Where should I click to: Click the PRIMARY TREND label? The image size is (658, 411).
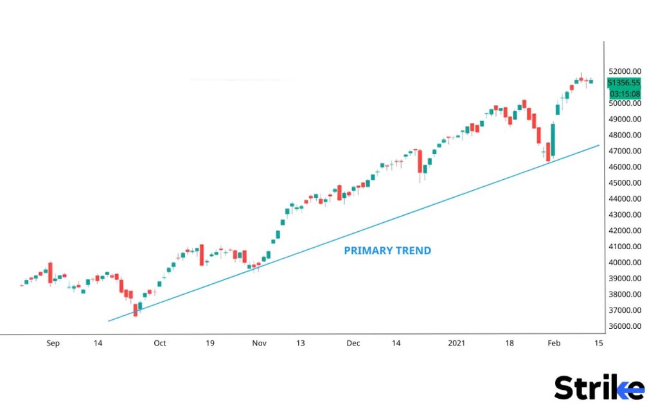click(x=387, y=250)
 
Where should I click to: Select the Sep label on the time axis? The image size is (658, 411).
click(x=53, y=344)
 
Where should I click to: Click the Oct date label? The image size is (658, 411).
click(x=159, y=344)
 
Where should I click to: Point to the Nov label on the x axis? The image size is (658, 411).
click(x=259, y=344)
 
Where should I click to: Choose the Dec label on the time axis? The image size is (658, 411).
click(x=353, y=344)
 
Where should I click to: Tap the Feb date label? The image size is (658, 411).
click(x=554, y=344)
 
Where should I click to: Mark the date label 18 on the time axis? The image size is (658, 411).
click(x=509, y=344)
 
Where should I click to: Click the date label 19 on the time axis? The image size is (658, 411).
click(x=210, y=344)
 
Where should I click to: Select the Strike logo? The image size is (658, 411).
click(x=599, y=388)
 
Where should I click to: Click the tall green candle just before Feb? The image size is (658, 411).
click(x=553, y=139)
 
